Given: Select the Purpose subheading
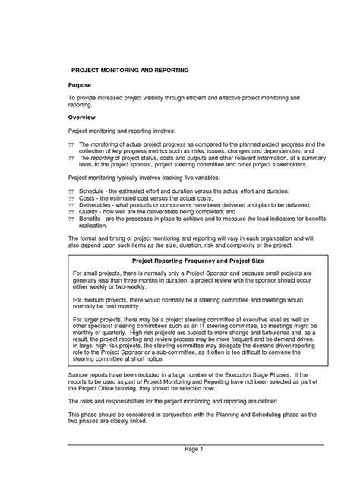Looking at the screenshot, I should [x=81, y=86].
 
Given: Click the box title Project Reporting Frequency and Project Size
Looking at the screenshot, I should [x=193, y=260].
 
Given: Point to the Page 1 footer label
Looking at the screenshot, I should [x=193, y=450].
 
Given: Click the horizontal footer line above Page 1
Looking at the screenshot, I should [x=193, y=441].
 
